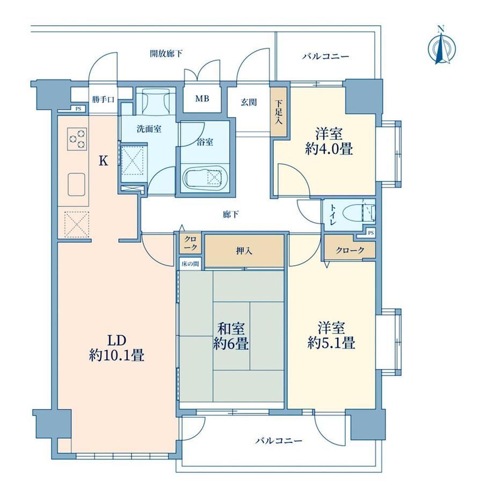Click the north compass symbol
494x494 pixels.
442,47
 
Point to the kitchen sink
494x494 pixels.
77,184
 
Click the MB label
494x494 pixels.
202,99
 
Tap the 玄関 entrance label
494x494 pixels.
249,102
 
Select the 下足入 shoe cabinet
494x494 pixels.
279,112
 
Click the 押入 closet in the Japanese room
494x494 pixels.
244,251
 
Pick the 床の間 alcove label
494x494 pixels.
190,264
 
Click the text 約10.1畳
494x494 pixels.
117,355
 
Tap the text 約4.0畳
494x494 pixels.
329,149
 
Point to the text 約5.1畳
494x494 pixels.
331,343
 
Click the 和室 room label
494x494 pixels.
231,329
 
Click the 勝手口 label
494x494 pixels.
103,100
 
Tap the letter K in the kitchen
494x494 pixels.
104,161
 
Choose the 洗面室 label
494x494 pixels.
149,129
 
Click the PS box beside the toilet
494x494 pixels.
371,233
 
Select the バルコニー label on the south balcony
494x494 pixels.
279,440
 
